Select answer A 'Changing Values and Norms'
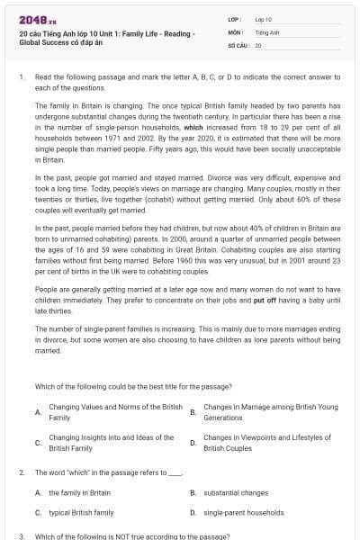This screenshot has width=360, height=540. [115, 412]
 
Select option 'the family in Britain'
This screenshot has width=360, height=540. [79, 492]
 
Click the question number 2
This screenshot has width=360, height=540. [21, 472]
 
